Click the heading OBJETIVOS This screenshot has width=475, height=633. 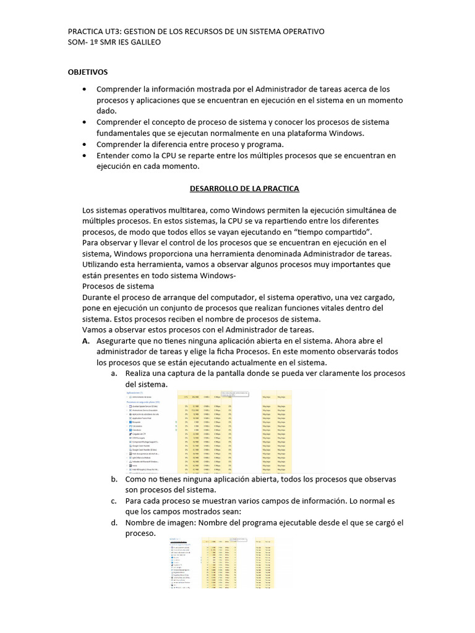click(87, 72)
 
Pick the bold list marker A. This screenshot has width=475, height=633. click(86, 341)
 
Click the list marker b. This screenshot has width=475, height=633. click(114, 479)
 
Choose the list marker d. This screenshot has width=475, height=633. click(114, 522)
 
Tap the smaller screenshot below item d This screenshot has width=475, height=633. click(223, 563)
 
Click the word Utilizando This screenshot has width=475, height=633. click(103, 265)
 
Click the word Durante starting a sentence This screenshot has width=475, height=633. click(100, 297)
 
